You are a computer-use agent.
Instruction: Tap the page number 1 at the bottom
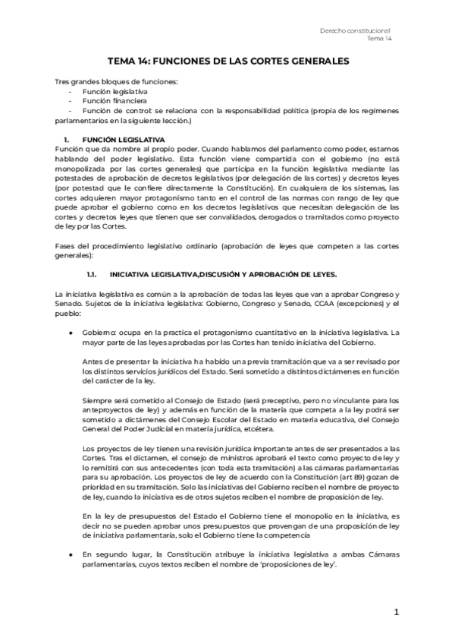pos(396,612)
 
